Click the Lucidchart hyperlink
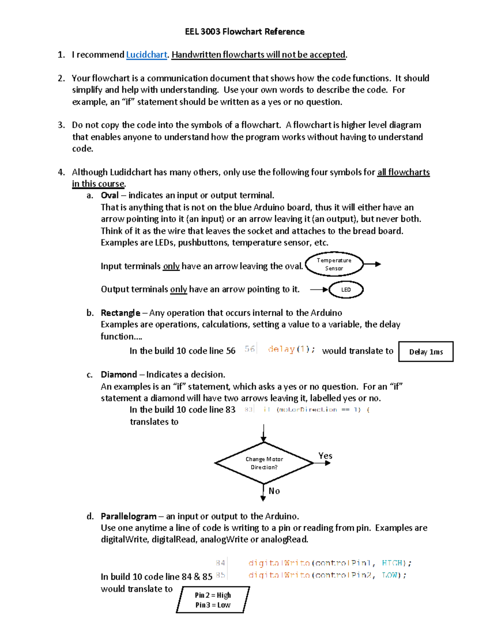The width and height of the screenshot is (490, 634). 147,55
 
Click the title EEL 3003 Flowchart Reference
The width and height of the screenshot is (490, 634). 245,32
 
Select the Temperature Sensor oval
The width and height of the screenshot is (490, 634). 334,264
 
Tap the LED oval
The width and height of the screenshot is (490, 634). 346,289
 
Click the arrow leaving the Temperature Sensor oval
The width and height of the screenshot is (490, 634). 372,264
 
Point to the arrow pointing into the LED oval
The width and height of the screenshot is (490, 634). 319,289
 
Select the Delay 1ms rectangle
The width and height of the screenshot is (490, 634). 426,351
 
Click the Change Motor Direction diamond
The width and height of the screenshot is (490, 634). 264,463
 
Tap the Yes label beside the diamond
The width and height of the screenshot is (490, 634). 325,456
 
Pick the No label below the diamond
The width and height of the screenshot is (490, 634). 274,491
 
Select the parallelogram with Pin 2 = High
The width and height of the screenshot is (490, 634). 213,600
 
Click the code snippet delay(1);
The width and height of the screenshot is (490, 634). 291,349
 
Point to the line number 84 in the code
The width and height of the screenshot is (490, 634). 220,563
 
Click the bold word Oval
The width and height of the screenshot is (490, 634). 109,196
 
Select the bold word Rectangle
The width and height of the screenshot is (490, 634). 120,313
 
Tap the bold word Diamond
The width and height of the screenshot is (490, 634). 119,375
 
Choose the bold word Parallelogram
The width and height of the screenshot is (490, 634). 129,516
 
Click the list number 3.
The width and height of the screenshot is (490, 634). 61,125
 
